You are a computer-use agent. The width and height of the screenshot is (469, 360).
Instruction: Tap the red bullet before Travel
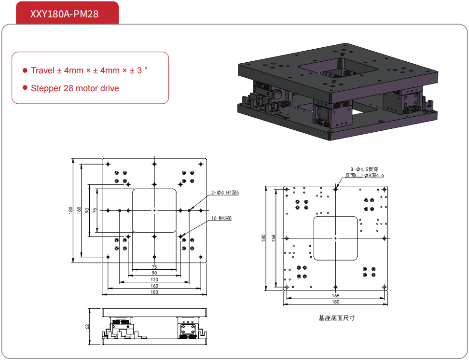point(25,70)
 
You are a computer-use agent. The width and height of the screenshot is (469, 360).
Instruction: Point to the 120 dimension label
point(154,279)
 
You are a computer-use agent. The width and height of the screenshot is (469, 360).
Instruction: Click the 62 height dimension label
point(87,326)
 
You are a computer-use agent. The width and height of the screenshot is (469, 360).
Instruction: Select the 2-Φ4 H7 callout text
point(225,193)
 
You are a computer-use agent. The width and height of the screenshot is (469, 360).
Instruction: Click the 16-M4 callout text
point(221,218)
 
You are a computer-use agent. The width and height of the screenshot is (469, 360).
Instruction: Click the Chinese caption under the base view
point(335,318)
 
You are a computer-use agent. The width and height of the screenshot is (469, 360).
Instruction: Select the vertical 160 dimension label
point(79,210)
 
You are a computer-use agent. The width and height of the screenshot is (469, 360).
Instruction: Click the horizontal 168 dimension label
point(335,295)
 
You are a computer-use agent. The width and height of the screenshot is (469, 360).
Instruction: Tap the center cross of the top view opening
point(154,210)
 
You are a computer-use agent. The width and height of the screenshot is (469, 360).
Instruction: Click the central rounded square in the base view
point(335,238)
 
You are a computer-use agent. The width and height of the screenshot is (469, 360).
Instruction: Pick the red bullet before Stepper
point(25,88)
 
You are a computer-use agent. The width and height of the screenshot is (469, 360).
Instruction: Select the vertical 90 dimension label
point(87,210)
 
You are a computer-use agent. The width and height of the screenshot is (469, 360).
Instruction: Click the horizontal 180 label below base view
point(335,302)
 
